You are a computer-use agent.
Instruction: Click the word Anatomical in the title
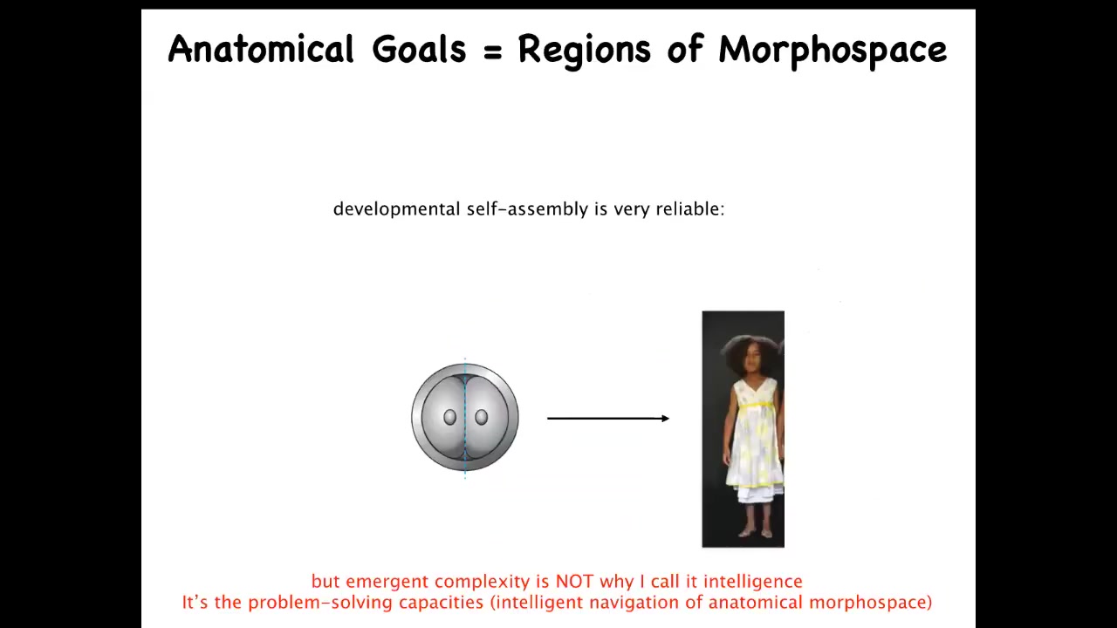click(261, 49)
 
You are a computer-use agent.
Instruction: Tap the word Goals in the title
click(419, 49)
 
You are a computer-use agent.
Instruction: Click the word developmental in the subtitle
click(396, 208)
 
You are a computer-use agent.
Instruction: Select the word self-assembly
click(527, 208)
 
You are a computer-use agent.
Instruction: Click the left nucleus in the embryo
click(449, 417)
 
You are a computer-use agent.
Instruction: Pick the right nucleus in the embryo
click(481, 417)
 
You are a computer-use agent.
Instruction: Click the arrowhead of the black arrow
click(665, 418)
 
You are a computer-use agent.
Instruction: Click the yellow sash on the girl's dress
click(757, 406)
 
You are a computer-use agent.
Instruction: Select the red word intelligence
click(753, 582)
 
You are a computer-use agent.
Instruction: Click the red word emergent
click(387, 582)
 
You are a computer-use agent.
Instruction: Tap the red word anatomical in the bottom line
click(755, 603)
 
